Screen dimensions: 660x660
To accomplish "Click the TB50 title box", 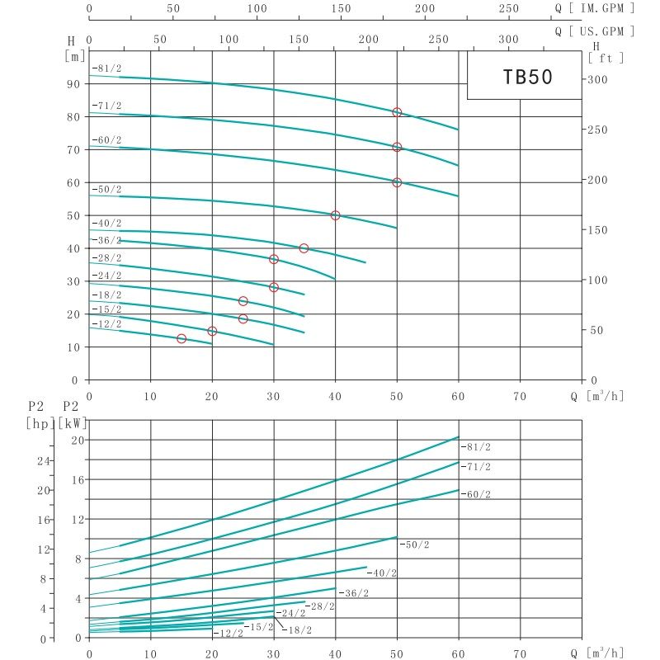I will click(x=526, y=77).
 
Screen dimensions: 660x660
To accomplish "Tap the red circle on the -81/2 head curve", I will click(x=397, y=112).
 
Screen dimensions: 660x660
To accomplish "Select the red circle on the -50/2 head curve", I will click(x=335, y=215).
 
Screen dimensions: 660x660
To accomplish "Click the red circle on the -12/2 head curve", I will click(x=181, y=338).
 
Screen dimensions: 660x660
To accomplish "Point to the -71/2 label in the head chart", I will click(x=107, y=106).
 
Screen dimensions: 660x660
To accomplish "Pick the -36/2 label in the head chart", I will click(x=107, y=240).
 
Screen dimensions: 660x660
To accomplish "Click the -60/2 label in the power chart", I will click(x=475, y=494).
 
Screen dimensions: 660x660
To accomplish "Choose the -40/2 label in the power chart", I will click(x=382, y=573).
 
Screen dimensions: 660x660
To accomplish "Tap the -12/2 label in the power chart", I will click(x=229, y=634).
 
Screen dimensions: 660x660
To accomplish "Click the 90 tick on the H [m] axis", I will click(x=73, y=83).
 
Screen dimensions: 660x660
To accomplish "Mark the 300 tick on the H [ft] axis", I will click(x=596, y=79).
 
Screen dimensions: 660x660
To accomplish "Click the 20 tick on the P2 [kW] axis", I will click(x=77, y=440).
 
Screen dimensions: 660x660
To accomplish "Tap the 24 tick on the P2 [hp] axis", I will click(x=44, y=460).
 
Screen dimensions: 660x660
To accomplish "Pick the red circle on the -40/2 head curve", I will click(x=304, y=248).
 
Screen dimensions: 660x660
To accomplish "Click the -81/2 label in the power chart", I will click(x=475, y=446).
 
